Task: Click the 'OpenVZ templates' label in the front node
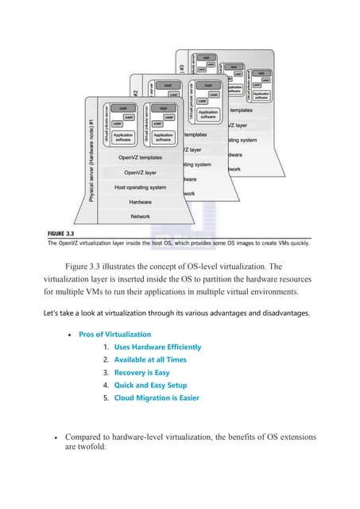coord(140,157)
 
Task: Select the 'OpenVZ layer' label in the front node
coord(140,172)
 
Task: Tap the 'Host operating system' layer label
coord(140,187)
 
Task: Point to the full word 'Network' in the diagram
coord(140,216)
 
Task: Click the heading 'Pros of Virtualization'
coord(114,334)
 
